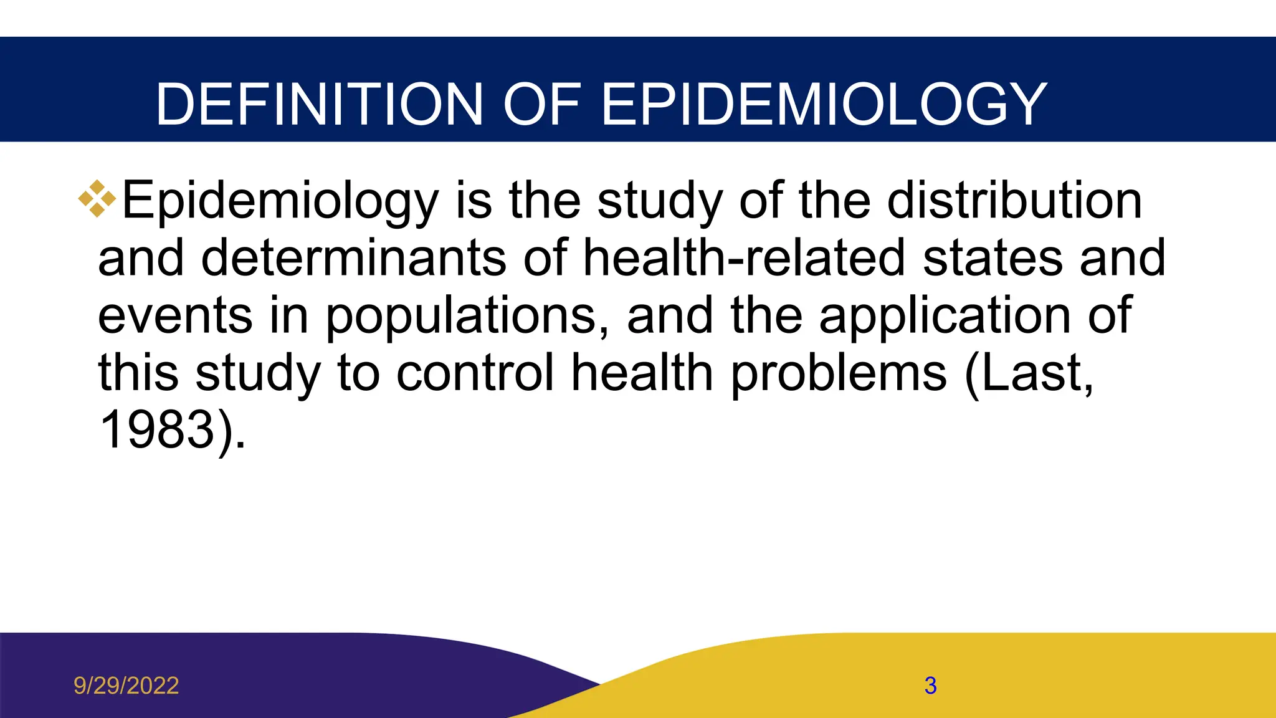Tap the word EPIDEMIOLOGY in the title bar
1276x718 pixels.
pos(824,104)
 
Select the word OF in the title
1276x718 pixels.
pos(541,104)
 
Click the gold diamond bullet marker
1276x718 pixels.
pos(97,199)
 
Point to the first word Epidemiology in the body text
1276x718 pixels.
pos(280,201)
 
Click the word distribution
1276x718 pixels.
pos(1014,200)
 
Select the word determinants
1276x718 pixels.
pos(353,257)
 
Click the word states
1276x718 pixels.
pos(992,259)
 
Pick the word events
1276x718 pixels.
pos(175,315)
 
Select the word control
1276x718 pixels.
pos(475,373)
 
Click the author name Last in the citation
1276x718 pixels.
pos(1034,373)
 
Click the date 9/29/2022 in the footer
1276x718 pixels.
pos(126,686)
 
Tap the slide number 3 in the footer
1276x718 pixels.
pos(930,686)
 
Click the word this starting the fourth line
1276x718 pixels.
pos(138,373)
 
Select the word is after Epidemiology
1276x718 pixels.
pos(474,200)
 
